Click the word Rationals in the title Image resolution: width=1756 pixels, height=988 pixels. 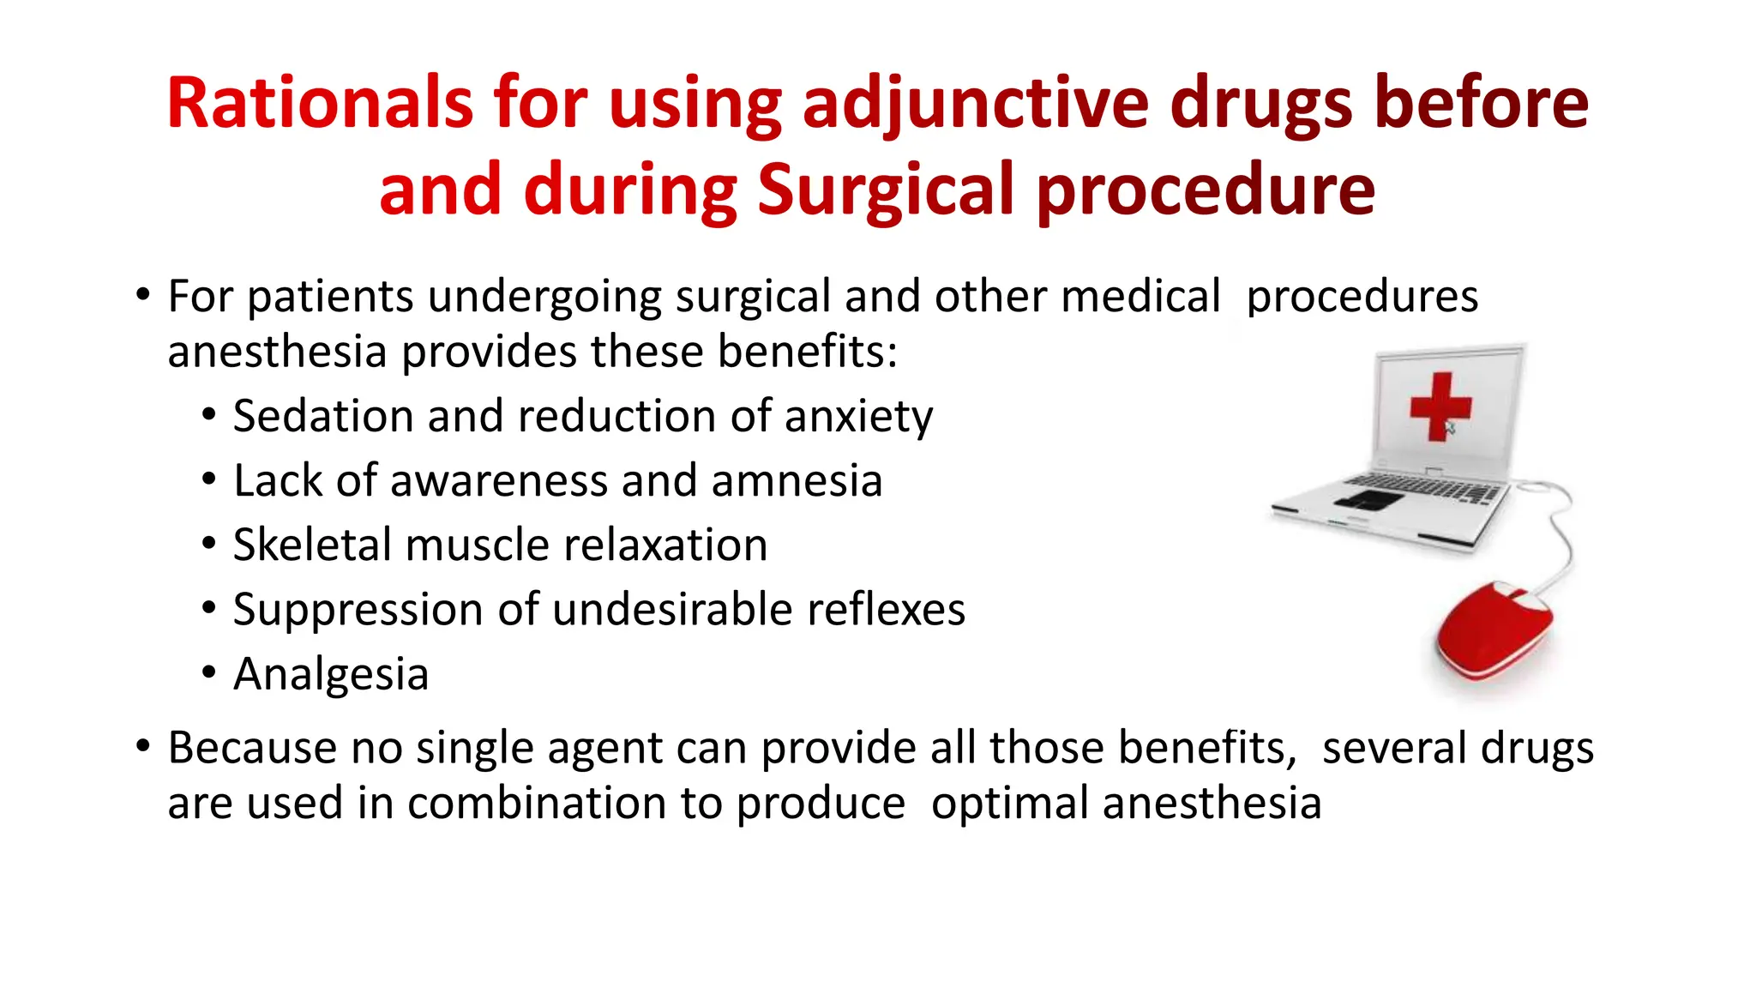pos(319,103)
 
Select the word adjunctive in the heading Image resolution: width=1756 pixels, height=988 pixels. pos(975,105)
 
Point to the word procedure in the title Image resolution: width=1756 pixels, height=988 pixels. pos(1206,190)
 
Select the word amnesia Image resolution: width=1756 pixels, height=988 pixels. pos(797,480)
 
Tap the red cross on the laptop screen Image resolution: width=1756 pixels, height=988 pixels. pos(1440,407)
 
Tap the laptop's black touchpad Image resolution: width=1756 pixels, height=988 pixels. pos(1368,500)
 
